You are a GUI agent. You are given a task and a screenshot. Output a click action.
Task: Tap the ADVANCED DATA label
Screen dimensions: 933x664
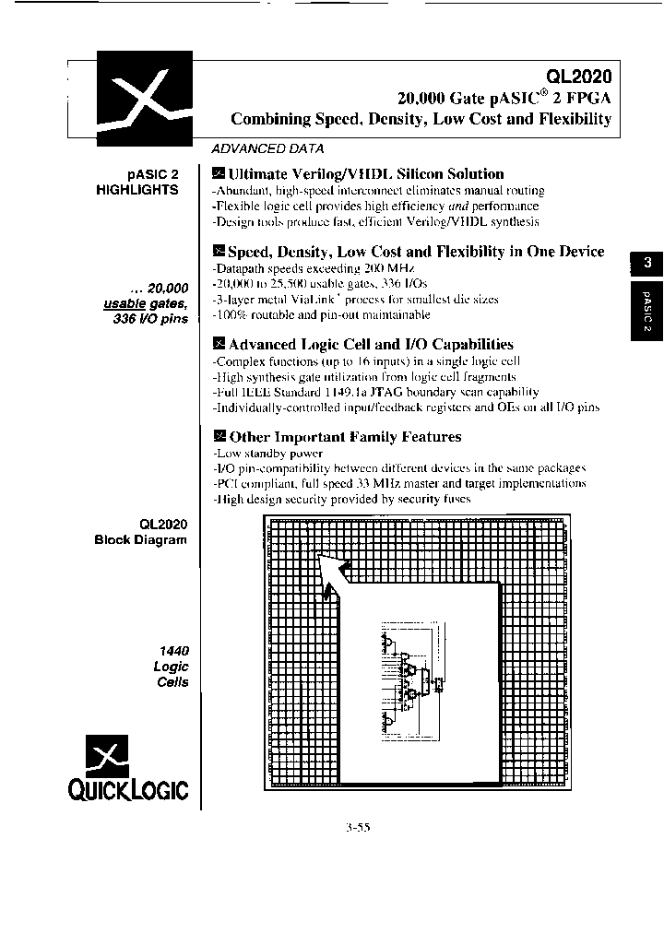267,148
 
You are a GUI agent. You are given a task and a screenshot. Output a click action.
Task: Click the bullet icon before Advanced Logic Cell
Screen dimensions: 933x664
219,344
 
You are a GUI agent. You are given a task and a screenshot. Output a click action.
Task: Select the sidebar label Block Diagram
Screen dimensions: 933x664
141,539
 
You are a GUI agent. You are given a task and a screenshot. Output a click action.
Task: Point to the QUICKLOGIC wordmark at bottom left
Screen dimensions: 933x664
128,789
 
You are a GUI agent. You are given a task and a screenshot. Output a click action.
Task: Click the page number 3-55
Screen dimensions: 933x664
357,827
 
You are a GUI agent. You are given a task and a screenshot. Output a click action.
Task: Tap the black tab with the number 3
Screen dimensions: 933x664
647,263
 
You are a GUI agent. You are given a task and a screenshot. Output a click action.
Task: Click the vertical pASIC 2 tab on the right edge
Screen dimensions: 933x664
647,313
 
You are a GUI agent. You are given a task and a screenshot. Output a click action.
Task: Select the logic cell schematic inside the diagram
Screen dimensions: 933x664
411,678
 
